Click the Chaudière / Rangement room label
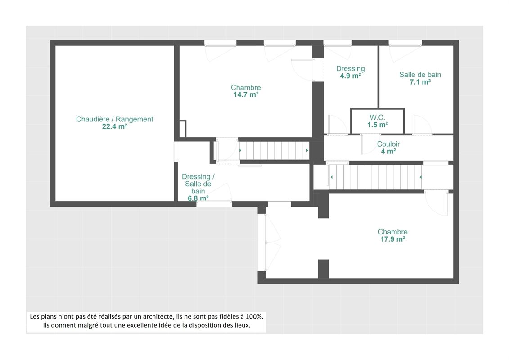tap(115, 119)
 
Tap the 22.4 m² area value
tap(115, 126)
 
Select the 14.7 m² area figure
tap(246, 95)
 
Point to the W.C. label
tap(377, 117)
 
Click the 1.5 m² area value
tap(378, 125)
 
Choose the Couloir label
tap(388, 144)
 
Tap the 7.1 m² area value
tap(420, 82)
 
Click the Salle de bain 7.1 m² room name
tap(420, 75)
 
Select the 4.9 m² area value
tap(350, 76)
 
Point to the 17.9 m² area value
tap(393, 239)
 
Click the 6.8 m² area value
tap(198, 198)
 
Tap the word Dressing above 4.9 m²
tap(350, 68)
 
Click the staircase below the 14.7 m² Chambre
tap(274, 150)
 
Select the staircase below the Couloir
tap(376, 177)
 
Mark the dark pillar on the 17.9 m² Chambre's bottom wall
tap(323, 269)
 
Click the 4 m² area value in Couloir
tap(388, 151)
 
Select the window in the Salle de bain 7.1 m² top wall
tap(405, 43)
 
